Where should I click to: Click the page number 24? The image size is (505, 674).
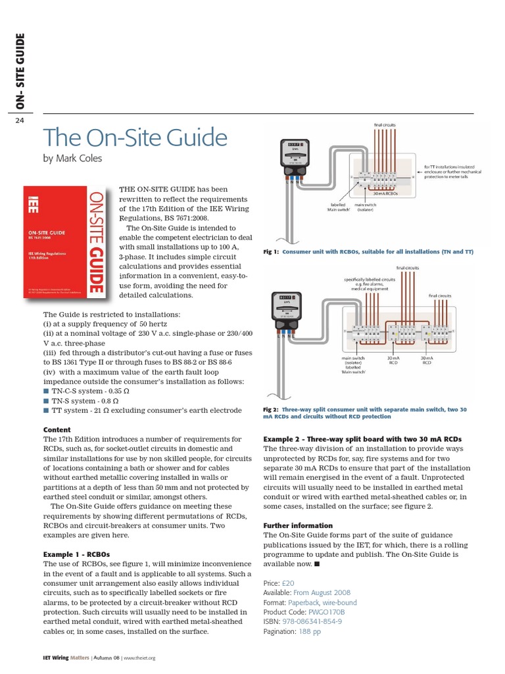(x=19, y=120)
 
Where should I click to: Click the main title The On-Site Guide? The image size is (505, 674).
(x=135, y=138)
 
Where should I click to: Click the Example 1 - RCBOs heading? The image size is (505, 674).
(x=76, y=554)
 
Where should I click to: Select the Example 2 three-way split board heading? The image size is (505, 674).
(x=362, y=439)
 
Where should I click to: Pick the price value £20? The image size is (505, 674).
(x=288, y=583)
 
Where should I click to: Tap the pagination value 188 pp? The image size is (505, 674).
(x=310, y=631)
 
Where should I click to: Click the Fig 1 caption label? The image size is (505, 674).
(x=271, y=251)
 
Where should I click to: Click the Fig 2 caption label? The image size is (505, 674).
(x=271, y=409)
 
